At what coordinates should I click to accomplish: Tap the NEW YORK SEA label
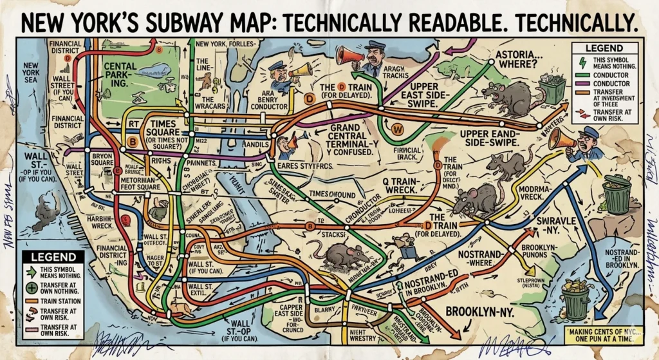[31, 73]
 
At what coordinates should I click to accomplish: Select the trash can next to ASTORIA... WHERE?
[552, 88]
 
